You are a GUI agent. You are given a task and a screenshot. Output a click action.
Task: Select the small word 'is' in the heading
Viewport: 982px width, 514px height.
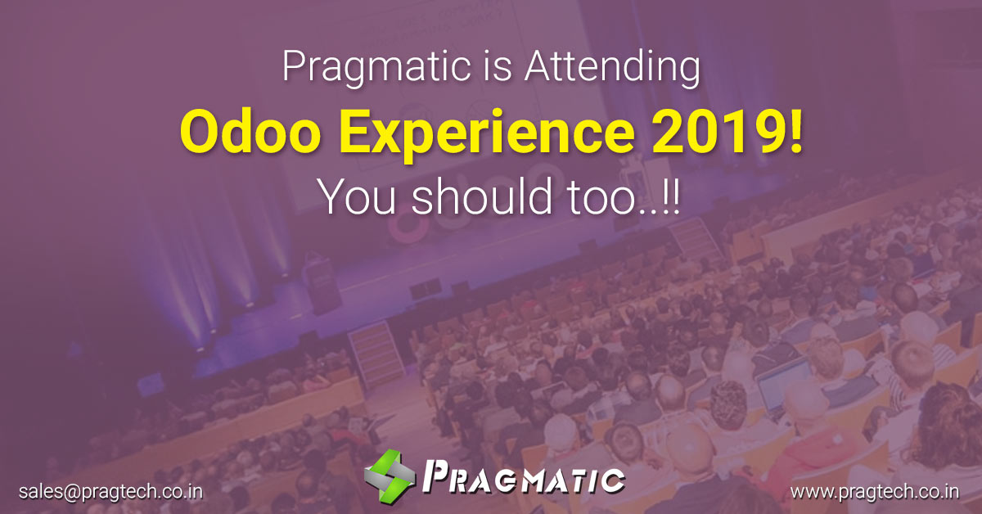click(x=498, y=65)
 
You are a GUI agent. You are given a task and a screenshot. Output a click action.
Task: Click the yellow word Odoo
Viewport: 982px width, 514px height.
click(x=250, y=131)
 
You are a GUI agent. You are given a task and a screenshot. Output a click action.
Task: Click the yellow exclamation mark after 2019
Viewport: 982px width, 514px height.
click(x=795, y=131)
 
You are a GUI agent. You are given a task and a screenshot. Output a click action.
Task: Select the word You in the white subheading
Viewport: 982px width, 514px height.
click(x=357, y=198)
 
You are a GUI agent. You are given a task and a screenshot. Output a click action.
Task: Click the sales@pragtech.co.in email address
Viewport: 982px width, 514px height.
click(x=110, y=492)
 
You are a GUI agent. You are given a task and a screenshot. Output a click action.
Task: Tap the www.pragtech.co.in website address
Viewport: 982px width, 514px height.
click(x=875, y=492)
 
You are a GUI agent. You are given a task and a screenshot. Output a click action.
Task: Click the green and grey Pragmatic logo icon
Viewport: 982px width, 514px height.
click(x=390, y=476)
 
